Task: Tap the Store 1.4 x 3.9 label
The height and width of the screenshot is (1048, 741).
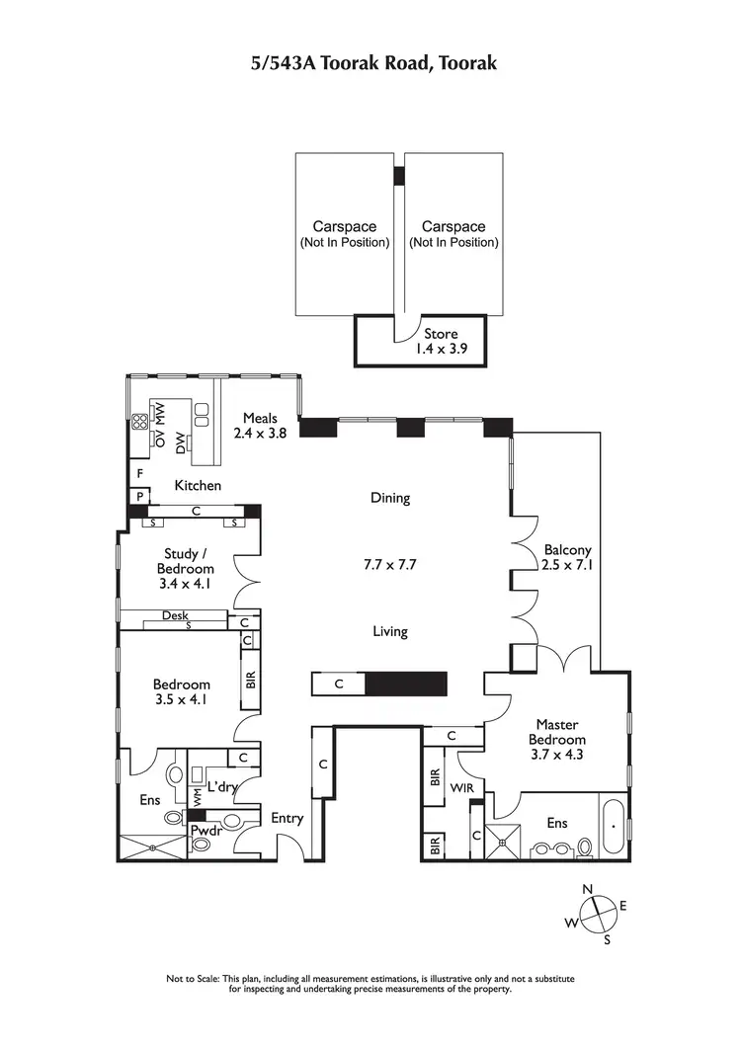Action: click(x=441, y=341)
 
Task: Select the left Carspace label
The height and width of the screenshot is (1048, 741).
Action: click(x=345, y=234)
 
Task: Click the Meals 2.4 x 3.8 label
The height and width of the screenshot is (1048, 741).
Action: click(x=260, y=425)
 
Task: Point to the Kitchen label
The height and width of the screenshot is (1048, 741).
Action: click(x=198, y=486)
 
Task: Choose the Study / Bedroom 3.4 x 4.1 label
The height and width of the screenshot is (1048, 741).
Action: click(x=185, y=569)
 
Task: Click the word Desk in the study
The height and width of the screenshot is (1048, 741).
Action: click(x=175, y=615)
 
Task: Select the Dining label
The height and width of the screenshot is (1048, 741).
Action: click(x=389, y=498)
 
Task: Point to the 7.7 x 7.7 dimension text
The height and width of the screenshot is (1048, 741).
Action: click(x=389, y=565)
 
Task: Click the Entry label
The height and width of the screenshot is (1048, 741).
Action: click(x=288, y=818)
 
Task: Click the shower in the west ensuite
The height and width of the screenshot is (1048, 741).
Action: click(x=152, y=846)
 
